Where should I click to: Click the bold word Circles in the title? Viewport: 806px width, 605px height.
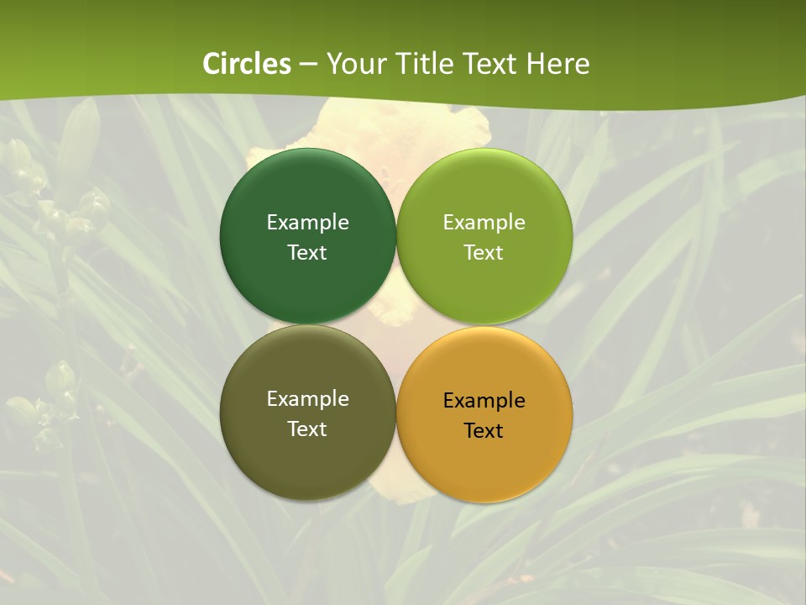point(247,64)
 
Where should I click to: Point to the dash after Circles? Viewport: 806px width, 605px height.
point(308,65)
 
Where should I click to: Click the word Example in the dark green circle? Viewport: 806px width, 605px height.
point(307,223)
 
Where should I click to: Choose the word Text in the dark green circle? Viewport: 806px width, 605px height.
point(307,252)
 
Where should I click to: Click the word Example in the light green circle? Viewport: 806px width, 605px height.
point(484,223)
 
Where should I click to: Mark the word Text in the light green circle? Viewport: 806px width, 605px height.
point(484,252)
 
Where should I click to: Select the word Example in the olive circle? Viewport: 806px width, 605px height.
point(307,399)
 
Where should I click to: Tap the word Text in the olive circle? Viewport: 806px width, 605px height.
point(307,429)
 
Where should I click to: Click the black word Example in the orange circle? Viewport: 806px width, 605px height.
point(484,401)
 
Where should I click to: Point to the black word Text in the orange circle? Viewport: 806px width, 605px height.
point(484,430)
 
